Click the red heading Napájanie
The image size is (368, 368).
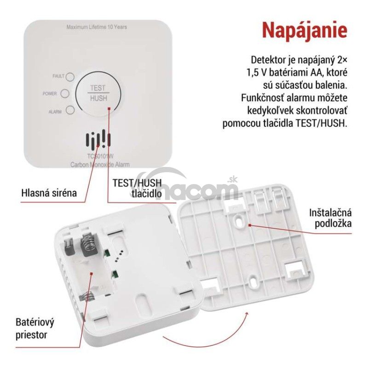(x=305, y=30)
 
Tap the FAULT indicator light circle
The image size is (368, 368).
(x=70, y=77)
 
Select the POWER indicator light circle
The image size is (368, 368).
(x=65, y=93)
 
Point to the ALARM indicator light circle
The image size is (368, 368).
(x=70, y=110)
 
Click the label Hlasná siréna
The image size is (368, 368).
(x=49, y=193)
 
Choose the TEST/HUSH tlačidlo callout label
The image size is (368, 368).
(x=137, y=188)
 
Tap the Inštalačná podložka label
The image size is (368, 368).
(x=330, y=218)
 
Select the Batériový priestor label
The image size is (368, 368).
(x=35, y=328)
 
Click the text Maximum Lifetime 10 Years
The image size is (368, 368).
(x=97, y=27)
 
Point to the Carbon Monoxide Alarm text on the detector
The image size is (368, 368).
(x=100, y=165)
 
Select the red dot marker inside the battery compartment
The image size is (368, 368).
(x=91, y=273)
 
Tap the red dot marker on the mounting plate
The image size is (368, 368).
(x=250, y=225)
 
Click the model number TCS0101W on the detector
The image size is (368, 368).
(x=100, y=156)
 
